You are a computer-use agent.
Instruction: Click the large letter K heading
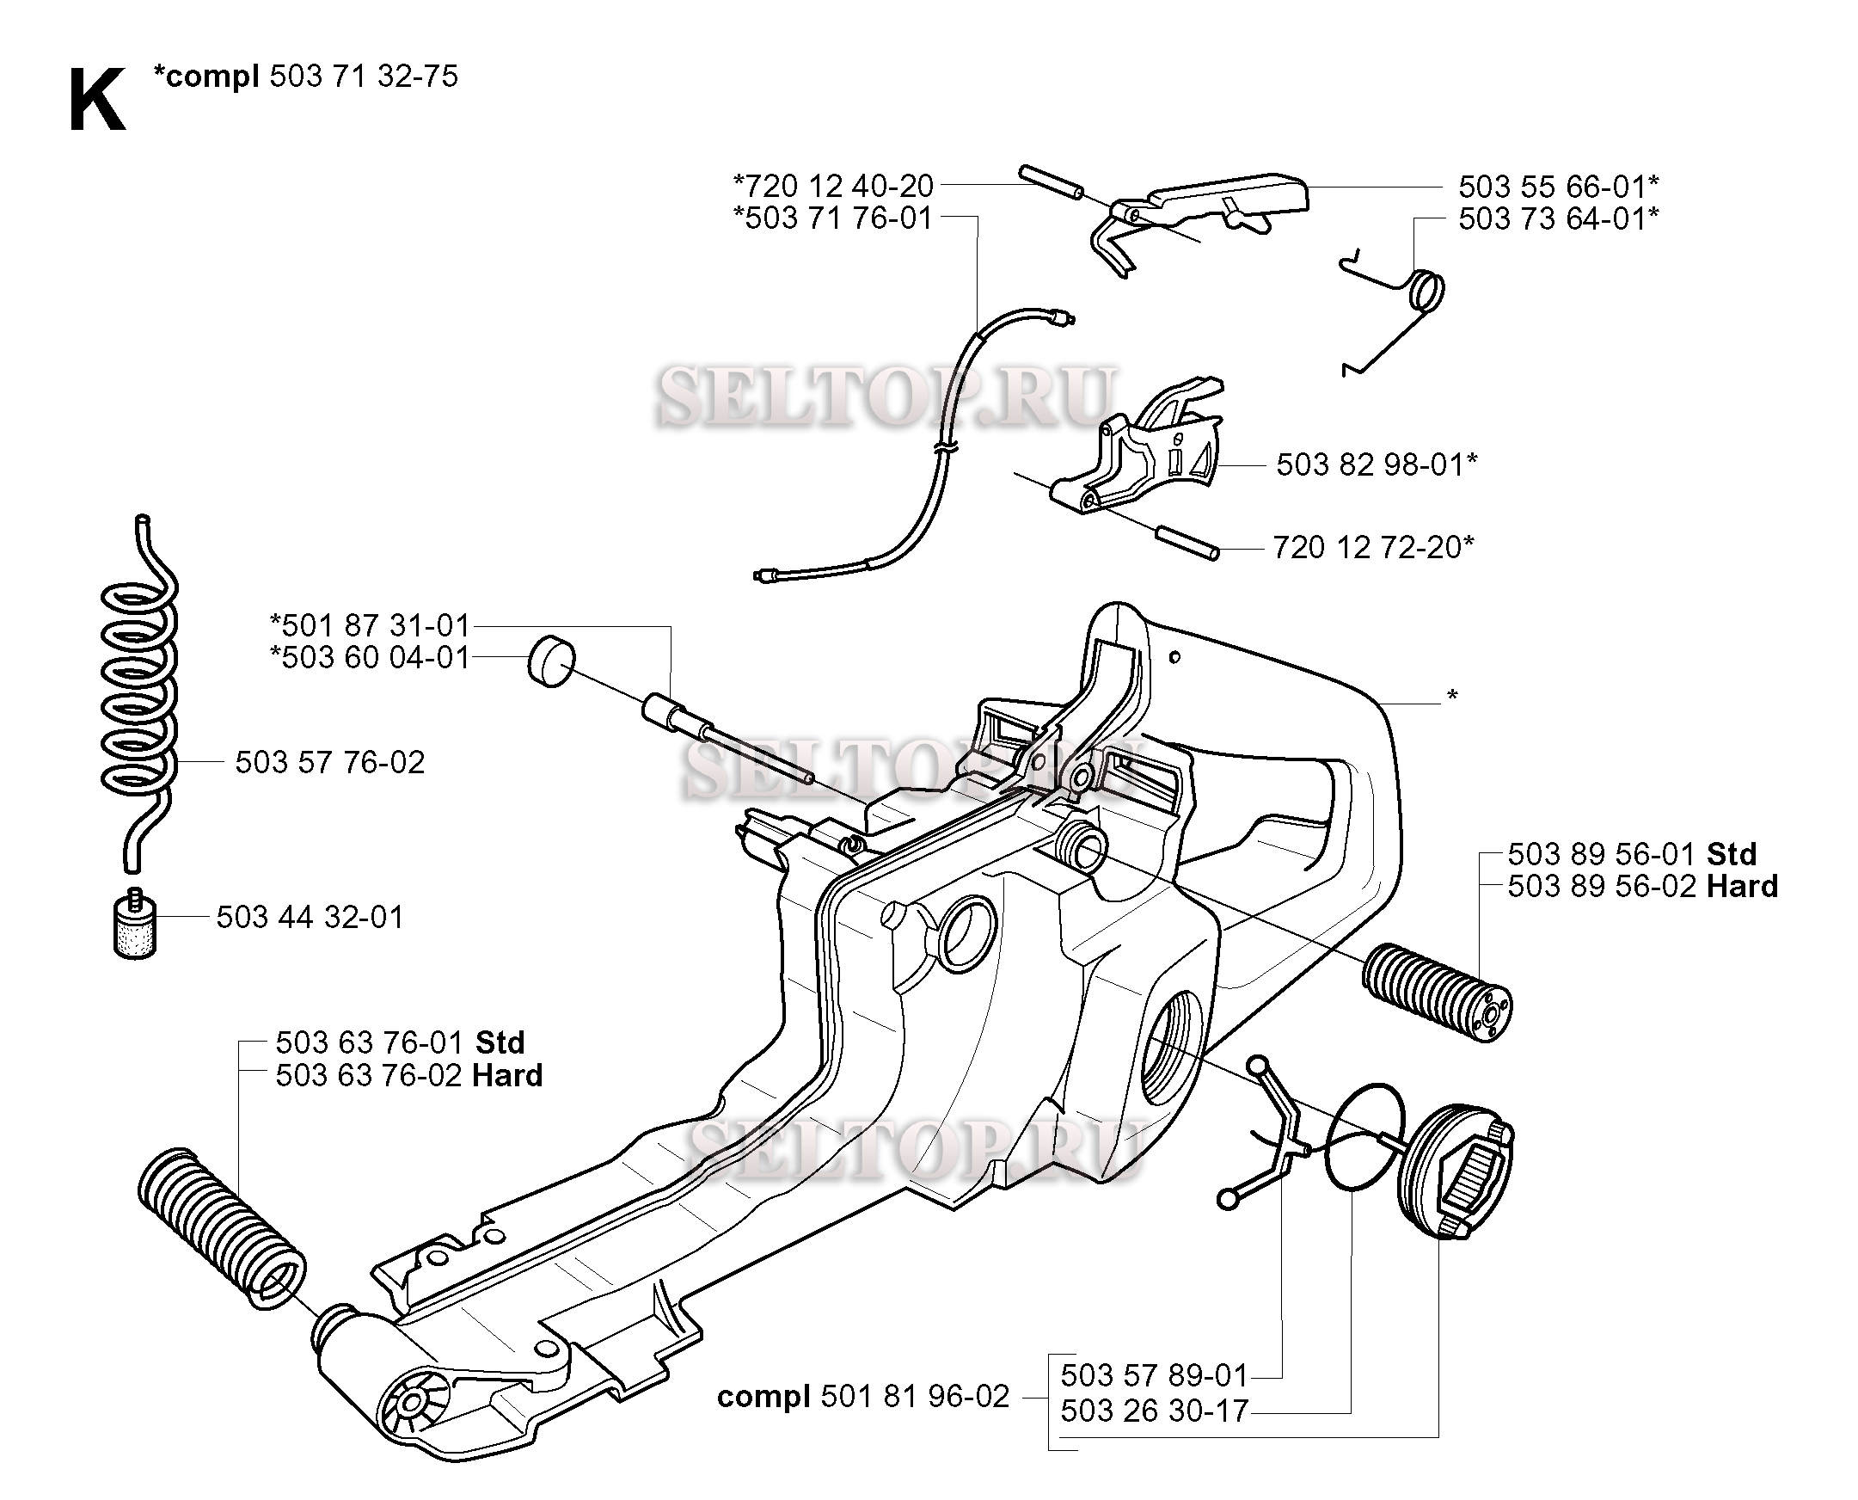coord(96,101)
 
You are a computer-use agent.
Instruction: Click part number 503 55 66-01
coord(1557,187)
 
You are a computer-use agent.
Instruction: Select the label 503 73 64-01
coord(1557,219)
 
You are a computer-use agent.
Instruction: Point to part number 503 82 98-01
coord(1376,464)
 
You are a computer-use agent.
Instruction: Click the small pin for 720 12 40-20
coord(1051,183)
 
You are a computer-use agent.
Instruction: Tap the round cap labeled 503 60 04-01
coord(551,663)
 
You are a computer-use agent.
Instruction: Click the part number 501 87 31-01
coord(370,625)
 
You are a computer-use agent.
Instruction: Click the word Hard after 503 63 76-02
coord(507,1076)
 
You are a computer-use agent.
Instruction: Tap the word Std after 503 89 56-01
coord(1731,854)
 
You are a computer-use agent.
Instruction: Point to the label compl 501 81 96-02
coord(862,1396)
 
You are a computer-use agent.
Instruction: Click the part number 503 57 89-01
coord(1153,1374)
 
